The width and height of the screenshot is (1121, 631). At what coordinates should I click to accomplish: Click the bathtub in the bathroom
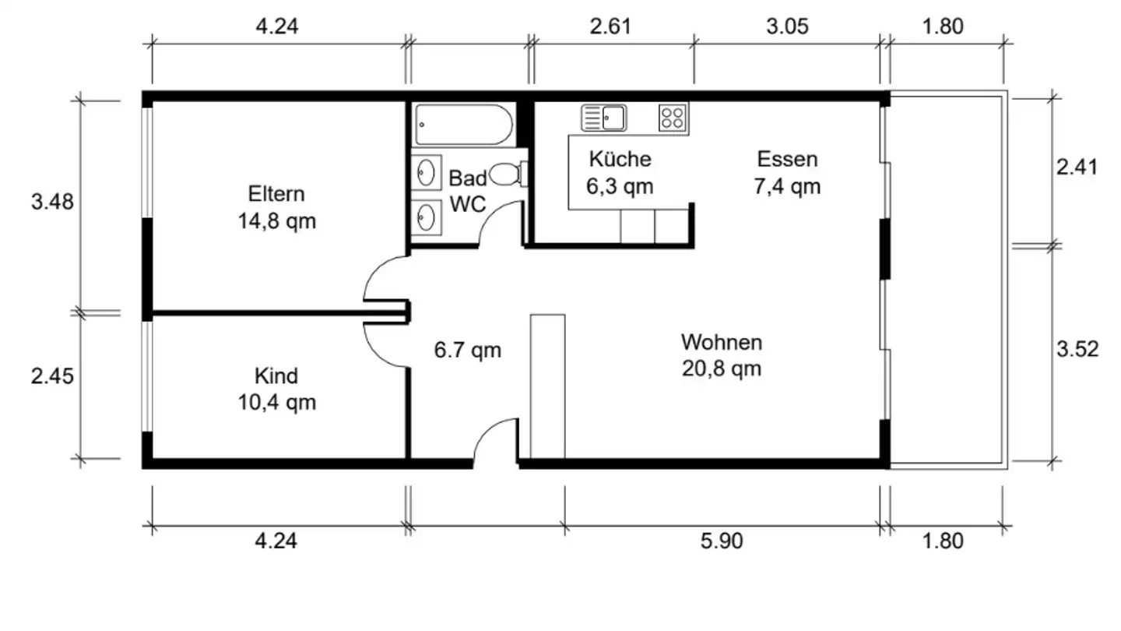tap(464, 125)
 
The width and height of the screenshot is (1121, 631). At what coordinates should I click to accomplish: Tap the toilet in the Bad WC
tap(508, 174)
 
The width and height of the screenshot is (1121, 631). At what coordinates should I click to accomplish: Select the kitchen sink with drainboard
tap(603, 118)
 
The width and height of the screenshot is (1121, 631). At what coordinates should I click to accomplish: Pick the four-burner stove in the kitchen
tap(672, 118)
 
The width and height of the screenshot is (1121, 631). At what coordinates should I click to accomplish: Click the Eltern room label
tap(276, 194)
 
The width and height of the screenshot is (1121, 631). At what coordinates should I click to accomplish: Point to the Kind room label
tap(276, 375)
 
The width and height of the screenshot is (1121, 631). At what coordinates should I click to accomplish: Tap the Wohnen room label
tap(722, 343)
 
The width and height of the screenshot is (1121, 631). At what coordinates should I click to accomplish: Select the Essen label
tap(787, 159)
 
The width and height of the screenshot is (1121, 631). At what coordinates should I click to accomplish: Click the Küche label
tap(620, 159)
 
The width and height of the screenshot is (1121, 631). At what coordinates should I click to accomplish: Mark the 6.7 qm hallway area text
tap(467, 350)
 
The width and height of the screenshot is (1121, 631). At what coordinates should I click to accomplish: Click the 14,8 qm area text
tap(277, 221)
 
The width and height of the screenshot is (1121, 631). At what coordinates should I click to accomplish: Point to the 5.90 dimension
tap(721, 541)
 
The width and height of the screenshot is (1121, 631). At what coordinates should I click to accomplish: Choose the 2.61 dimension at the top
tap(610, 26)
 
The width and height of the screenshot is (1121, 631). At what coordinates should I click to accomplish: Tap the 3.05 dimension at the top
tap(787, 26)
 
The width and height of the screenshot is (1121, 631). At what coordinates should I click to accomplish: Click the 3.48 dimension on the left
tap(52, 202)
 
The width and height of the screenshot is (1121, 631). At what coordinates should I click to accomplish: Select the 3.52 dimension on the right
tap(1077, 349)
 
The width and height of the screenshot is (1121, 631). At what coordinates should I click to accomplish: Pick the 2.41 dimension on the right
tap(1077, 167)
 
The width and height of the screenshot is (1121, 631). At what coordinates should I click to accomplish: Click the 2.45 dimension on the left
tap(52, 376)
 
